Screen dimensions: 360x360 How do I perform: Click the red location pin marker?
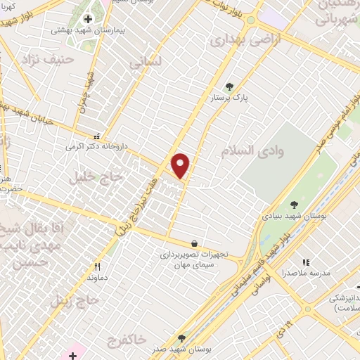181,165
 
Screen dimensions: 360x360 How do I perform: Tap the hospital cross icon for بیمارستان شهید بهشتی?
88,19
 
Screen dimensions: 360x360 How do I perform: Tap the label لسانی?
146,62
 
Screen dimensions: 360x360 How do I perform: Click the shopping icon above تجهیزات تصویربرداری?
193,244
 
